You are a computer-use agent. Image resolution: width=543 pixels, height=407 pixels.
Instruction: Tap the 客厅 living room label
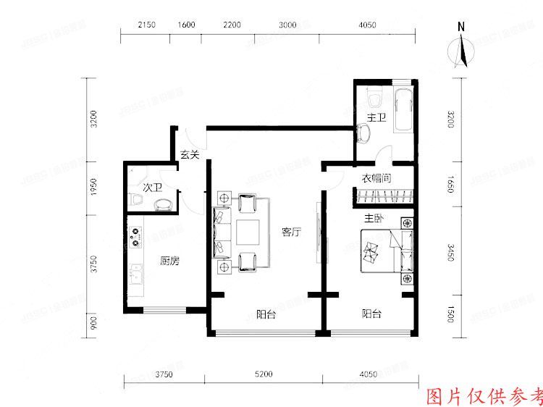coord(291,232)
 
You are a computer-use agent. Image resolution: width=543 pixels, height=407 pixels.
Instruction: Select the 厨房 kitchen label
coord(170,261)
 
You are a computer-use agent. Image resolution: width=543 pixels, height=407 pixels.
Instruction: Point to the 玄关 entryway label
coord(189,154)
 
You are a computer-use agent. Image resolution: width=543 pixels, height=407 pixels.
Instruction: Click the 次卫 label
coord(152,188)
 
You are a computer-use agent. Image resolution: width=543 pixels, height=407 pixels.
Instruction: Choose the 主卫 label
coord(376,117)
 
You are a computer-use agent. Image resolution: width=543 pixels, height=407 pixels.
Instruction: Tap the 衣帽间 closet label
coord(376,178)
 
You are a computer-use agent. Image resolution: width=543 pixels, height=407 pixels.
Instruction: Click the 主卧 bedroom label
coord(374,217)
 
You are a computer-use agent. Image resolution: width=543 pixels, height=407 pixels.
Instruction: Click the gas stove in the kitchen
coord(136,235)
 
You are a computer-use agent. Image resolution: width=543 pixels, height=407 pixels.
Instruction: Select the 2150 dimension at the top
coord(147,25)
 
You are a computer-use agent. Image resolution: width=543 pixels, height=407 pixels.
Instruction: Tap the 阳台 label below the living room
coord(266,314)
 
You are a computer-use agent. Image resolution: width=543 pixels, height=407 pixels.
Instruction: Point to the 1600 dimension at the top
coord(186,25)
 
